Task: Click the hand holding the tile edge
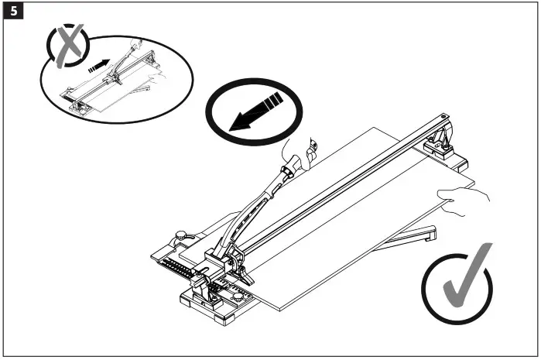click(464, 199)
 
